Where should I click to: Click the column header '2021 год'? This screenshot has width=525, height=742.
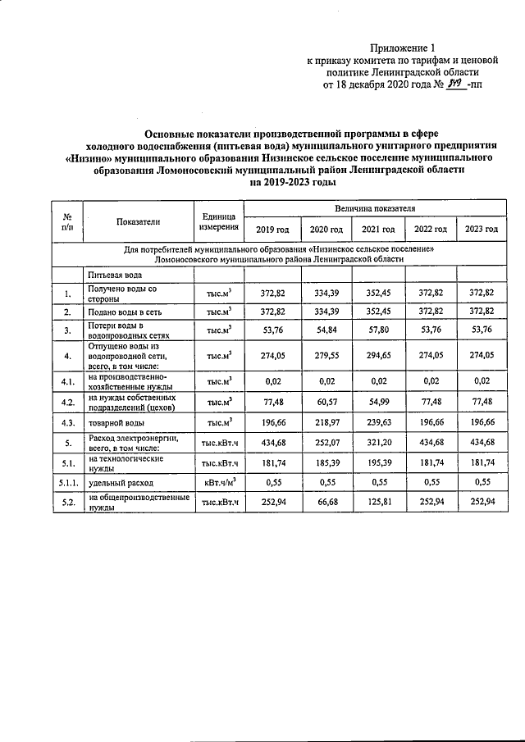379,229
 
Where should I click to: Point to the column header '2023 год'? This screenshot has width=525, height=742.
482,229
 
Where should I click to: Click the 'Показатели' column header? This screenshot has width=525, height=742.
138,221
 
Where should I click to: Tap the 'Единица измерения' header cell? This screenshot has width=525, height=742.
217,221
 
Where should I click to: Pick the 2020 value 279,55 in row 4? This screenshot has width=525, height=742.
326,356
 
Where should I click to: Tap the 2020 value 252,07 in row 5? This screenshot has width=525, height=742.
326,444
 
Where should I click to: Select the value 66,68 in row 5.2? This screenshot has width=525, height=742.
326,503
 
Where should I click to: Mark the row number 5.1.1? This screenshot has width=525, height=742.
66,484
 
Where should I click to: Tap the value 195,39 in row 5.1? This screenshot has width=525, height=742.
379,464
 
